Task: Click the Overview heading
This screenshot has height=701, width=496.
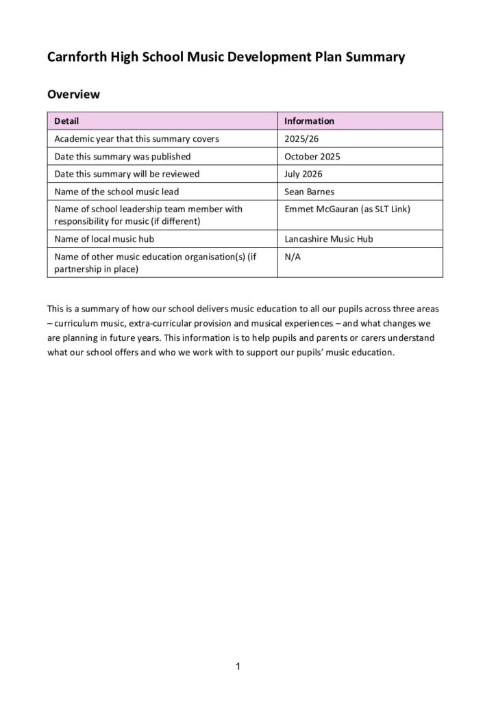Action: coord(73,94)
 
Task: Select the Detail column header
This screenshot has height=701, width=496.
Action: coord(66,121)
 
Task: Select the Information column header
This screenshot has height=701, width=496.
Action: coord(309,121)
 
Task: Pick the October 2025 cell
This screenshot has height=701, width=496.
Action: coord(312,157)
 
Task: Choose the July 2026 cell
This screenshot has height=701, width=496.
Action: coord(303,174)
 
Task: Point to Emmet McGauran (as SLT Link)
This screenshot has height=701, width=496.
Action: coord(347,209)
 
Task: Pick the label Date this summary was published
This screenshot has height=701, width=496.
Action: coord(123,157)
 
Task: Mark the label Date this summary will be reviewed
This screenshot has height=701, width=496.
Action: coord(127,174)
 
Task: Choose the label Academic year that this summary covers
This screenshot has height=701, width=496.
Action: coord(136,139)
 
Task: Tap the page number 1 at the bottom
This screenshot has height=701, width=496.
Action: coord(237,666)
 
